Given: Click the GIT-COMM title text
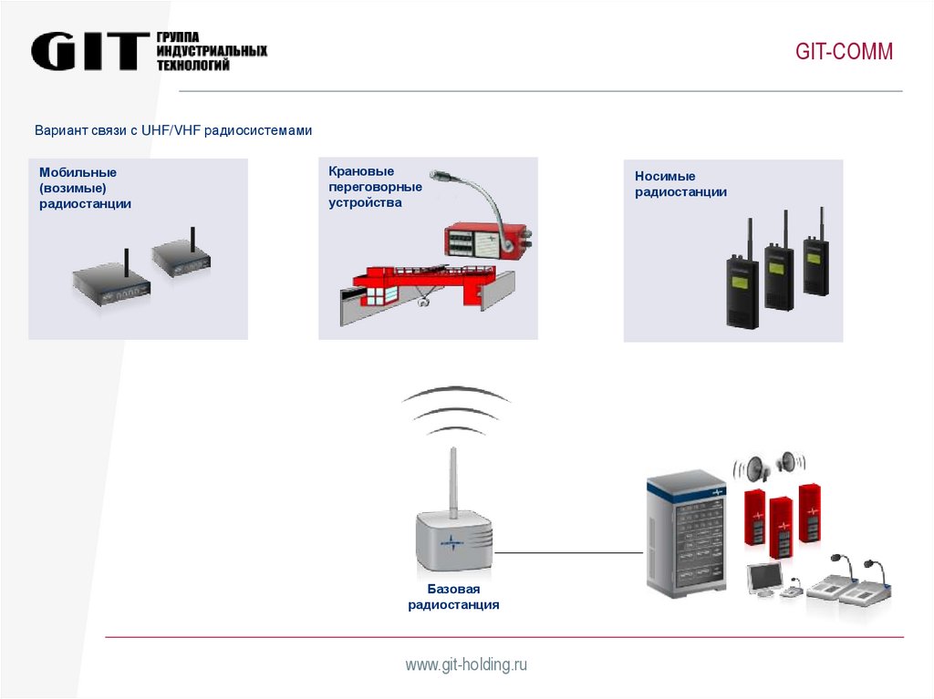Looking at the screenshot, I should pyautogui.click(x=844, y=52).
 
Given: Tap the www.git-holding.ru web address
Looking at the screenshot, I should pyautogui.click(x=466, y=665).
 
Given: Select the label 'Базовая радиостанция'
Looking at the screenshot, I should pyautogui.click(x=453, y=597).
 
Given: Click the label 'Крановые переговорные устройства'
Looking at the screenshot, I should pyautogui.click(x=375, y=187).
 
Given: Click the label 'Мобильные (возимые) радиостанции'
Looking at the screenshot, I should pyautogui.click(x=85, y=188).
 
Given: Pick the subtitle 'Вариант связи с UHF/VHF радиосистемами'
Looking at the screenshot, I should pyautogui.click(x=173, y=131).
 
